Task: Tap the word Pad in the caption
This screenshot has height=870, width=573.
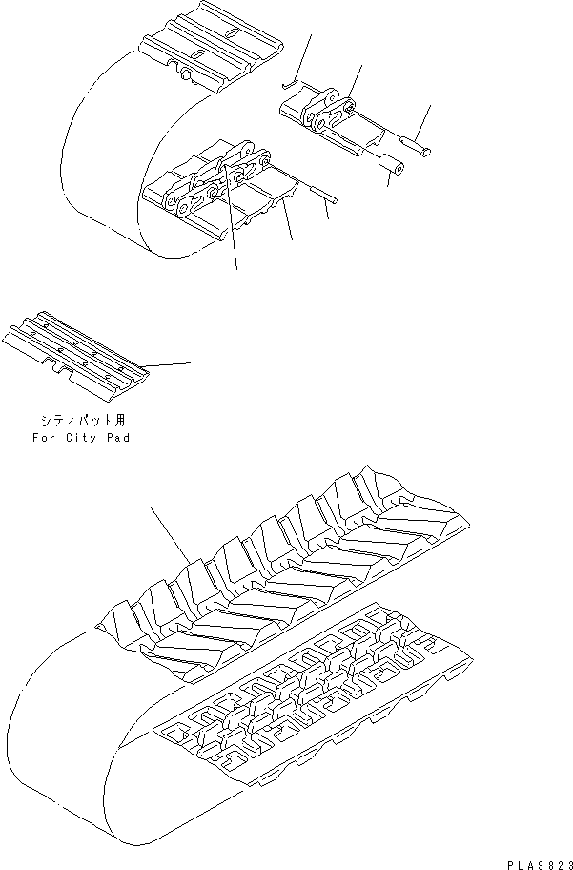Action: [118, 438]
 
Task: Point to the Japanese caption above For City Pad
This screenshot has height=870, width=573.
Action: [80, 420]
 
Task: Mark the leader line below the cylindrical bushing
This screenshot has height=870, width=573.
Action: [390, 179]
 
